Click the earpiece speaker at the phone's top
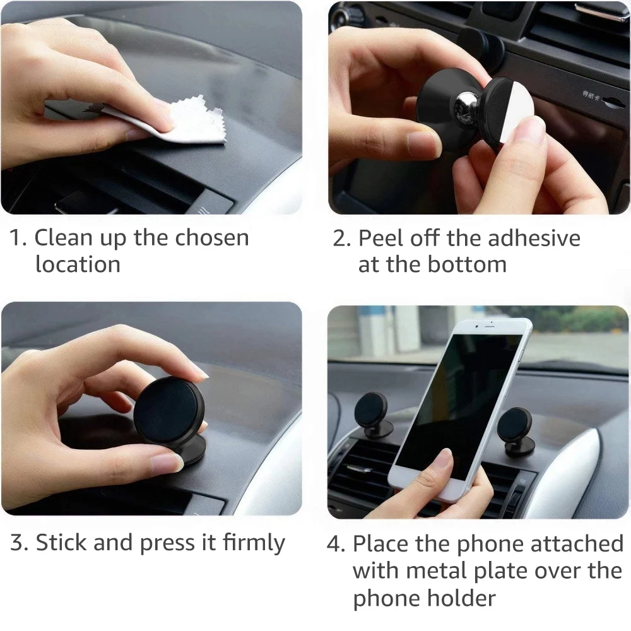coord(492,327)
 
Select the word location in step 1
coord(78,264)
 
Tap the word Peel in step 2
coord(380,238)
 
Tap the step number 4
coord(334,543)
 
